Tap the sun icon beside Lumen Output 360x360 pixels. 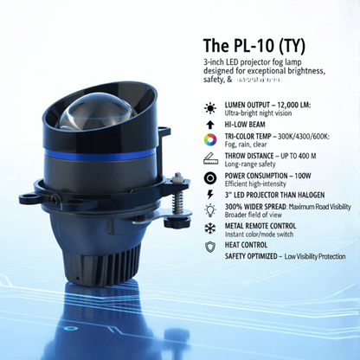[x=210, y=108]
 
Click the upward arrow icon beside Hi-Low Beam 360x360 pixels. [x=210, y=125]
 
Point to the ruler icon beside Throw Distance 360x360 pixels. [x=210, y=158]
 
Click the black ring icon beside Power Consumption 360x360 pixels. [x=210, y=176]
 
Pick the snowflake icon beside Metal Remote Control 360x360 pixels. [x=210, y=227]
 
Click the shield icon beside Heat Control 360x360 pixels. [x=210, y=247]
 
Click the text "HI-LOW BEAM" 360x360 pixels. [x=246, y=125]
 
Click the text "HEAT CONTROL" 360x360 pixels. [x=247, y=244]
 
